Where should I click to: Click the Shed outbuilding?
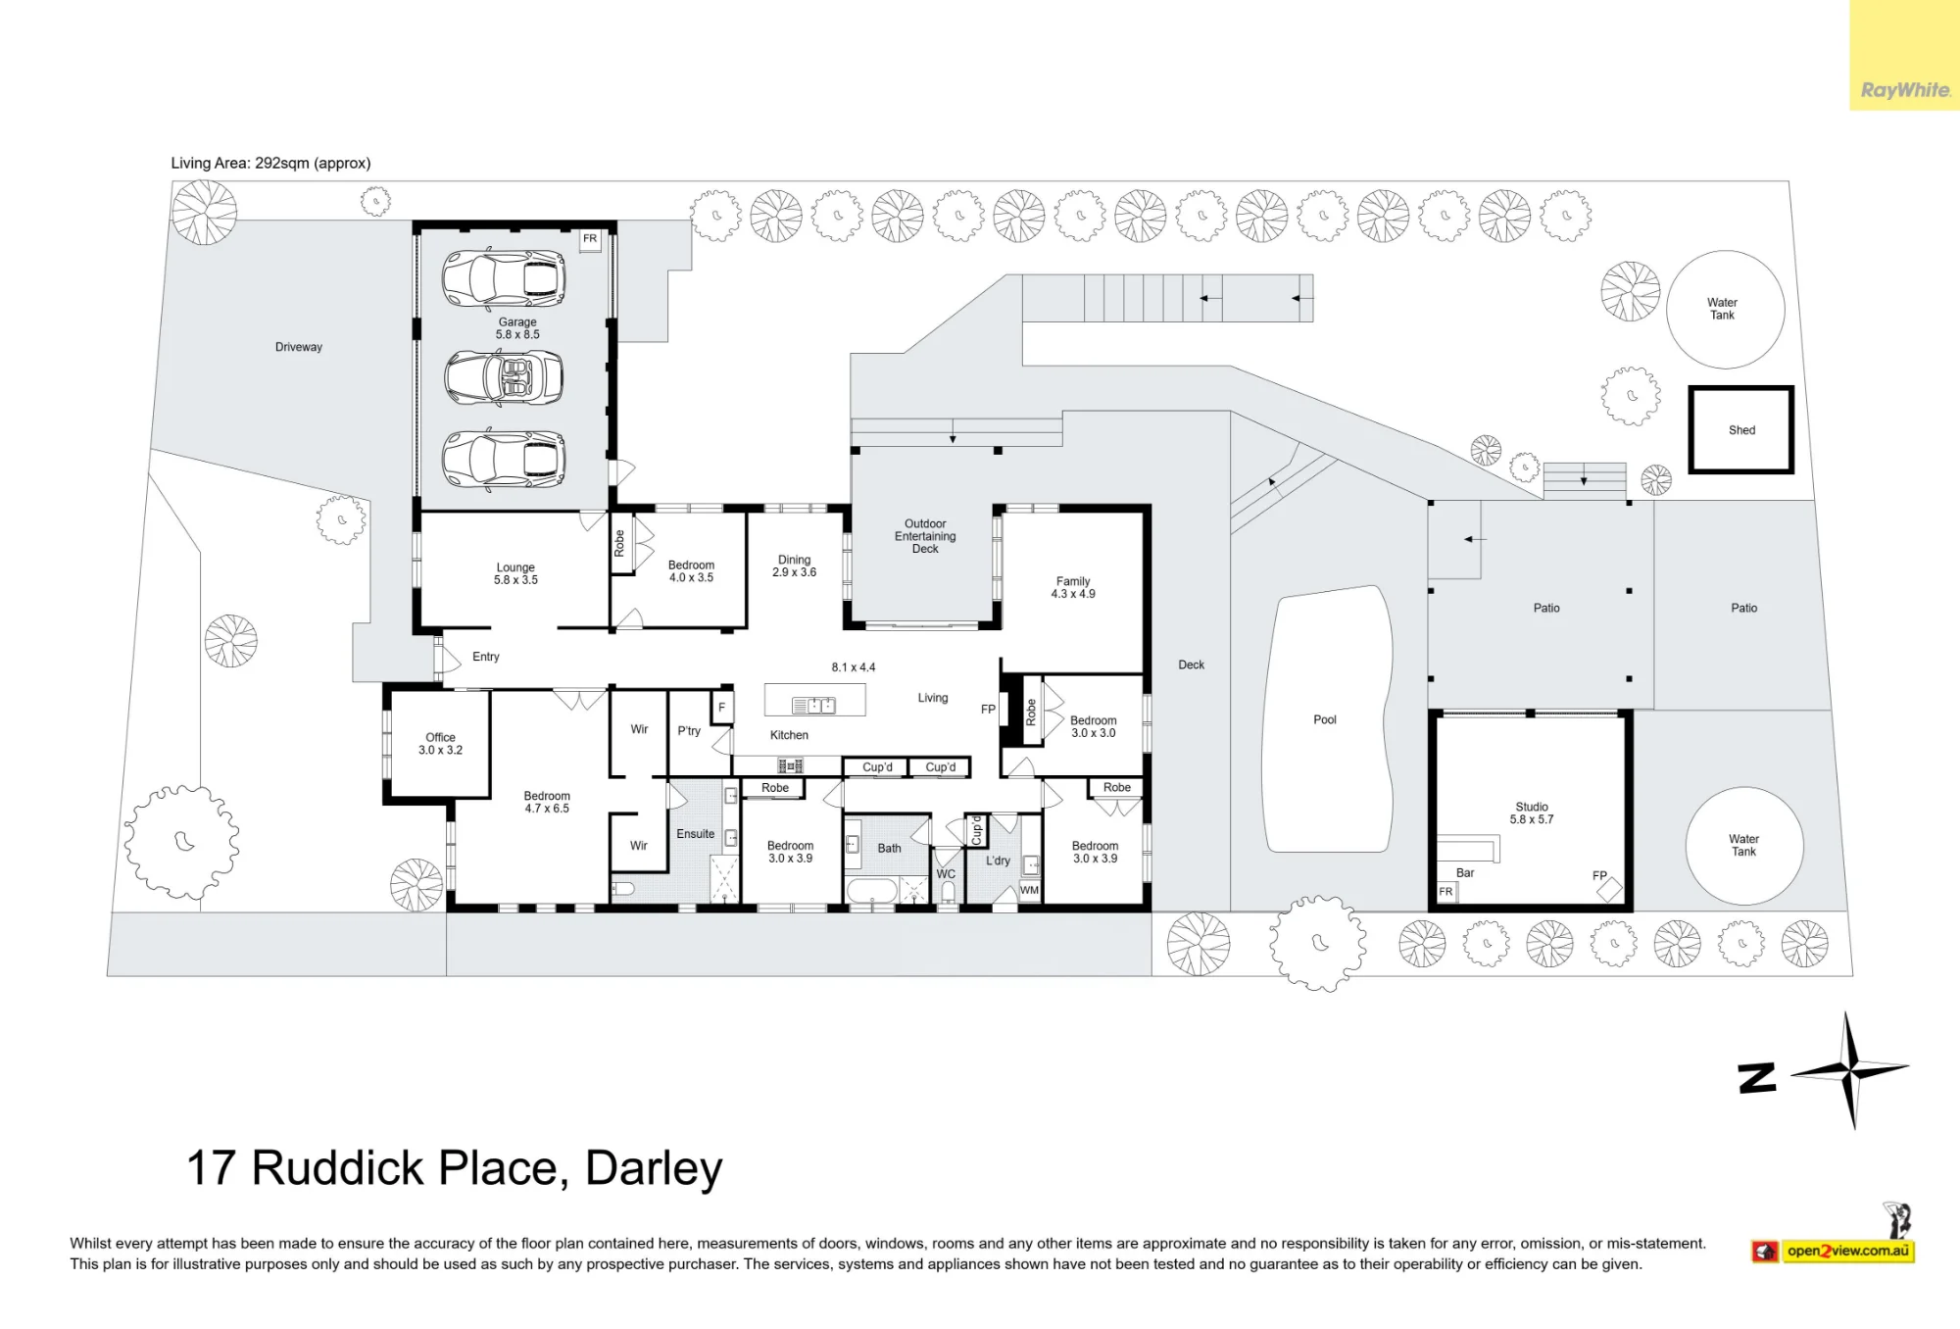pyautogui.click(x=1741, y=429)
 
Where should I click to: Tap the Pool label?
pyautogui.click(x=1325, y=719)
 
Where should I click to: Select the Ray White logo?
pyautogui.click(x=1905, y=90)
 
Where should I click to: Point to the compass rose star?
pyautogui.click(x=1850, y=1070)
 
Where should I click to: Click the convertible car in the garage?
pyautogui.click(x=504, y=377)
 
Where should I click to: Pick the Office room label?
pyautogui.click(x=441, y=737)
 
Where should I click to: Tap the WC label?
pyautogui.click(x=946, y=874)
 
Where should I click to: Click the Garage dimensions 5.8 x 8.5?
pyautogui.click(x=517, y=334)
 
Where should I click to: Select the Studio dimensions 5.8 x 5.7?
pyautogui.click(x=1532, y=819)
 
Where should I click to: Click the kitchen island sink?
pyautogui.click(x=813, y=705)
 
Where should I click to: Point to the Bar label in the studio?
pyautogui.click(x=1465, y=872)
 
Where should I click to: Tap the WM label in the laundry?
pyautogui.click(x=1029, y=890)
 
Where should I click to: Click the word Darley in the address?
pyautogui.click(x=654, y=1168)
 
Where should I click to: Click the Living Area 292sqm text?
pyautogui.click(x=270, y=163)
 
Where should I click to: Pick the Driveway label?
pyautogui.click(x=299, y=347)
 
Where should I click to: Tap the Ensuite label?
pyautogui.click(x=696, y=834)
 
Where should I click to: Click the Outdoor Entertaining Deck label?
pyautogui.click(x=925, y=536)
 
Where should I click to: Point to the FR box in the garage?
pyautogui.click(x=590, y=240)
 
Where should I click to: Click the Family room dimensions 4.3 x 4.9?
pyautogui.click(x=1073, y=594)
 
